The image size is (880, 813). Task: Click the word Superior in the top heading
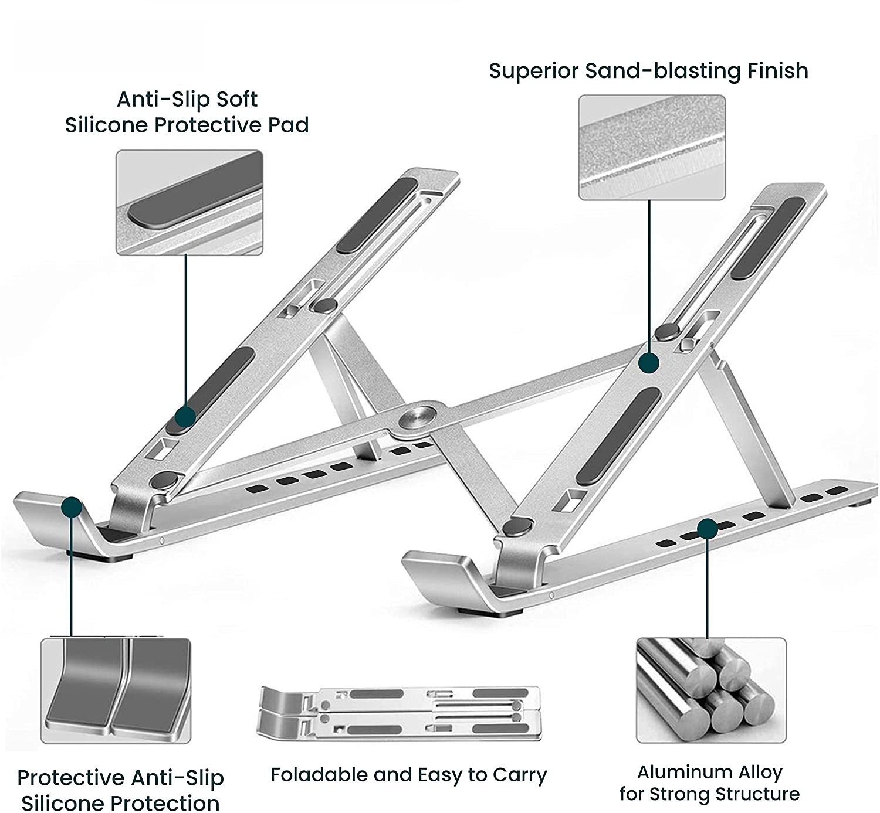coord(533,71)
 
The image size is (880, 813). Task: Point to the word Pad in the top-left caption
coord(287,125)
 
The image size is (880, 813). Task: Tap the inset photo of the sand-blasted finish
coord(652,147)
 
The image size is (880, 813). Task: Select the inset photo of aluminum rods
coord(710,690)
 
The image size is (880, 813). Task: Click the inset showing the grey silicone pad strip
coord(189,202)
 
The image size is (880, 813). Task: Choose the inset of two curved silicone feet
coord(116,690)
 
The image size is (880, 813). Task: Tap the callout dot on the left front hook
coord(72,507)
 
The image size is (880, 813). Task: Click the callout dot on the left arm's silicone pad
coord(185,417)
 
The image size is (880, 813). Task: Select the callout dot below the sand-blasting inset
coord(649,363)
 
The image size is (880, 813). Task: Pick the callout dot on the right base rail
coord(708,529)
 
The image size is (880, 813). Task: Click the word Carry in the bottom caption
coord(519,775)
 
